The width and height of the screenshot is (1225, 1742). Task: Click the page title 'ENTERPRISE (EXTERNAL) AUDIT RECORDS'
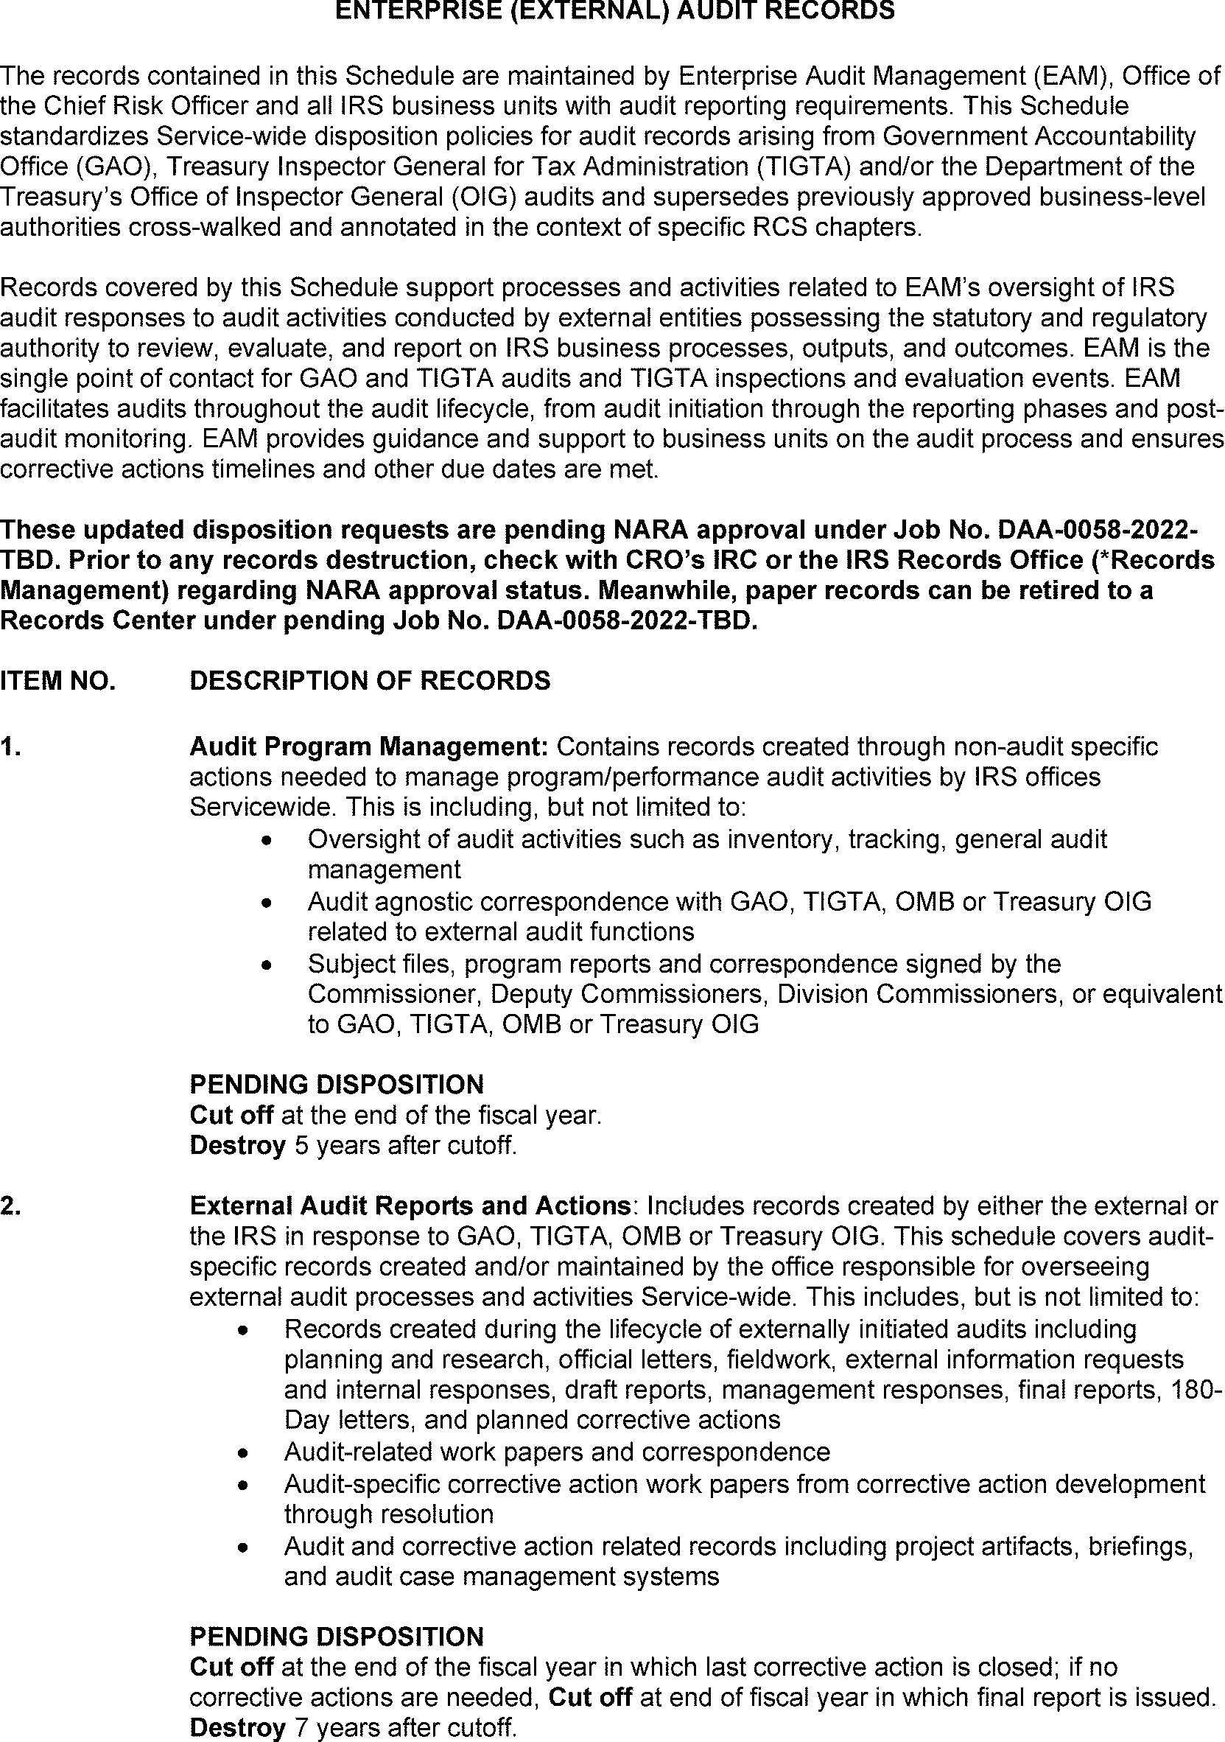point(614,10)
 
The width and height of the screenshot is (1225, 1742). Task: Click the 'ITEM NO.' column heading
point(57,681)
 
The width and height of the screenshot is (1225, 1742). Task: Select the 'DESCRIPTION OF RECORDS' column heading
point(369,681)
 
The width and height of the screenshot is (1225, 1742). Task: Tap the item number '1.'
point(10,747)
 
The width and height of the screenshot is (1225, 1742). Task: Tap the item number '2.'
point(10,1206)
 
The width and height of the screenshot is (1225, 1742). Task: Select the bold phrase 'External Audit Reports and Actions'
point(410,1206)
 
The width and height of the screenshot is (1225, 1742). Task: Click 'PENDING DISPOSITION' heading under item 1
point(336,1084)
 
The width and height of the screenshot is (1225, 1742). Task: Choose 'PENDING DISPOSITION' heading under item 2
point(336,1637)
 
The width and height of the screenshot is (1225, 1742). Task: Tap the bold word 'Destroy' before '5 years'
point(237,1145)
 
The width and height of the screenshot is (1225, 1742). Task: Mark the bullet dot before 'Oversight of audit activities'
point(265,841)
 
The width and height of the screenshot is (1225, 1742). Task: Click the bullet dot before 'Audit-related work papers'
point(242,1453)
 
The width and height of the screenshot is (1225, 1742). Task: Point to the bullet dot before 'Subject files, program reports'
point(265,965)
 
